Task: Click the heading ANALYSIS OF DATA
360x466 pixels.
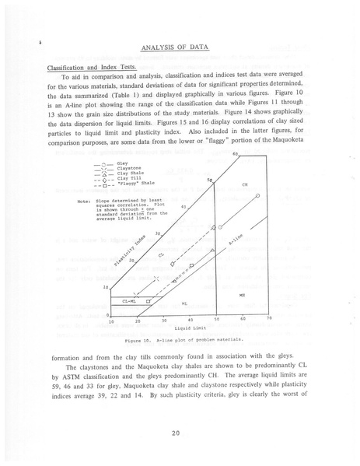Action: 180,49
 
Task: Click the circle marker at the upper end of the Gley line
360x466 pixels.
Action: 257,196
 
